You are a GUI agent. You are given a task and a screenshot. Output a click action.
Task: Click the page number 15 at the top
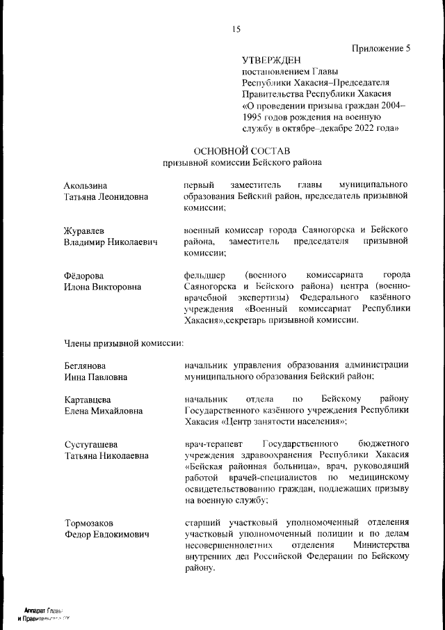point(236,29)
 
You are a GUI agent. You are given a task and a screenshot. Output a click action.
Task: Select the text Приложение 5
point(382,48)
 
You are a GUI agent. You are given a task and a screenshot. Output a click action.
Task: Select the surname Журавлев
point(86,230)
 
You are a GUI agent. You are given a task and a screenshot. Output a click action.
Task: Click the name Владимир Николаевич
point(111,242)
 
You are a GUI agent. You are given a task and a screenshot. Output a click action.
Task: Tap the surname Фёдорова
point(84,276)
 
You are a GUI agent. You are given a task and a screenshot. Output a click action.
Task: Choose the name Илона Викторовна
point(102,288)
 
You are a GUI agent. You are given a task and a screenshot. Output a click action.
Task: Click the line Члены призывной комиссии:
point(124,342)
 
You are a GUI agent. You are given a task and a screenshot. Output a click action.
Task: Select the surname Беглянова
point(85,365)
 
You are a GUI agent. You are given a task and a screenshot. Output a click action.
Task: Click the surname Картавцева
point(88,400)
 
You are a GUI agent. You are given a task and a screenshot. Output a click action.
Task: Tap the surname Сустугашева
point(90,445)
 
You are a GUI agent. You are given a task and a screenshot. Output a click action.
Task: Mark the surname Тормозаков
point(89,523)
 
